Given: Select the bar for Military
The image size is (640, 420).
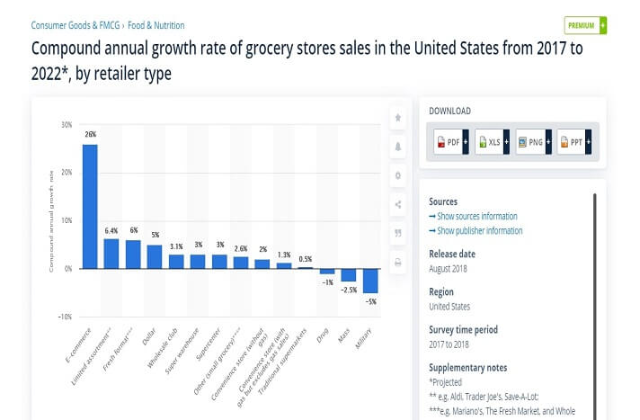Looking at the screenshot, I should [x=370, y=280].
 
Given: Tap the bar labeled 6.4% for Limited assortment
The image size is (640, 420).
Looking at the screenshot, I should [x=111, y=253].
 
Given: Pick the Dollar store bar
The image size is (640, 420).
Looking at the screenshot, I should [x=155, y=256].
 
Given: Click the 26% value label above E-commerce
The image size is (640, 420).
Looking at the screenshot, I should [x=90, y=135].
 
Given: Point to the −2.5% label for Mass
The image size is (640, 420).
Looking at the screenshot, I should [x=349, y=290].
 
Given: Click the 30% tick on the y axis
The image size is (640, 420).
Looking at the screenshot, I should [x=66, y=124].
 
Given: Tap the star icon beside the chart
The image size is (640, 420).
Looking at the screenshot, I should [x=397, y=118].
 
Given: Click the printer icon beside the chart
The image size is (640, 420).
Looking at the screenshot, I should [x=397, y=262].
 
